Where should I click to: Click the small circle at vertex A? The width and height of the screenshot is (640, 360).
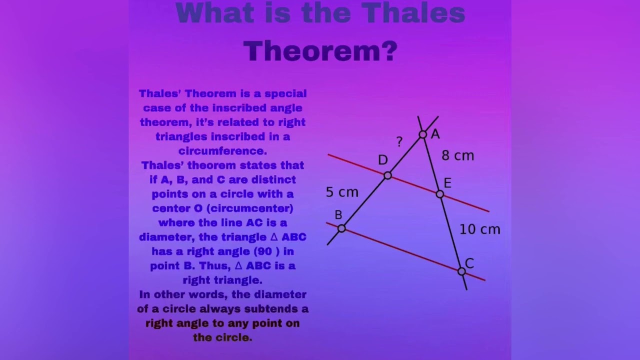coord(423,134)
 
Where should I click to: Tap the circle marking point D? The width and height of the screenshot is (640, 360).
coord(387,175)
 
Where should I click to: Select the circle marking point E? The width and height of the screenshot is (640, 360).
coord(439,194)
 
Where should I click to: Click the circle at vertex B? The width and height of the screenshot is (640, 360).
coord(341,228)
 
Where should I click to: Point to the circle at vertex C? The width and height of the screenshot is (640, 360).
coord(461,271)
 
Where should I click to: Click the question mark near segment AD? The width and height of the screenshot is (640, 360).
coord(399,142)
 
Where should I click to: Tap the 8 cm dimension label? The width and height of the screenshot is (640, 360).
coord(457,156)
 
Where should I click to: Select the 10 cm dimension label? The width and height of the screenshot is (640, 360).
coord(479,229)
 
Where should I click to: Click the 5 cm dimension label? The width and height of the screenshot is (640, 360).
coord(342,192)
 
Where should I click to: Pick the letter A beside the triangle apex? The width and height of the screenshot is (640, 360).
coord(435,134)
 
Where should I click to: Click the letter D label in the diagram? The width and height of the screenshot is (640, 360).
coord(382,160)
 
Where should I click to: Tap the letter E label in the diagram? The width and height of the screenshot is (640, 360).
coord(447,183)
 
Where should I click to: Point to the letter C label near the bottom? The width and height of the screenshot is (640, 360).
coord(469,263)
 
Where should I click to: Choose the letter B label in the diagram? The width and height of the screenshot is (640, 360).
coord(338,215)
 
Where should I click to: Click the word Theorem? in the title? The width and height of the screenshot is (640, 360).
coord(320,51)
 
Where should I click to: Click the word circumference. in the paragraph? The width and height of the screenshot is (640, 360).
coord(222,150)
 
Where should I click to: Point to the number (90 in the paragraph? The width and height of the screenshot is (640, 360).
coord(263,251)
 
